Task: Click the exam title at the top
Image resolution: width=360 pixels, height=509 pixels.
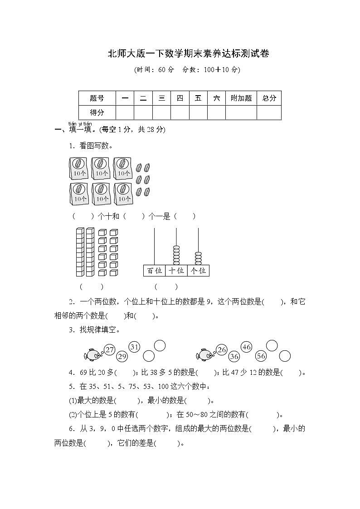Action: (188, 54)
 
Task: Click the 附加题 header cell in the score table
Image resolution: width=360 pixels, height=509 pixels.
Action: (241, 98)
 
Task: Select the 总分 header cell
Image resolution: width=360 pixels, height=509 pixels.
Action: (269, 98)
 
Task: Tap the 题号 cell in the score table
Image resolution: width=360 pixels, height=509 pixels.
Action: (97, 98)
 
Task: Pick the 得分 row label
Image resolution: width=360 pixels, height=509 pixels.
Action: (97, 112)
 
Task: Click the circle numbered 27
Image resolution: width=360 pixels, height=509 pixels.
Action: (109, 349)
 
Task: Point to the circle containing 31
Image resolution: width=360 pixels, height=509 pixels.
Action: (134, 347)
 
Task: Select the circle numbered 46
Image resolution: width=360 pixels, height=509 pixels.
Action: (246, 347)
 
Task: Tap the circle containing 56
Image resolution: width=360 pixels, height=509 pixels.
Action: (261, 356)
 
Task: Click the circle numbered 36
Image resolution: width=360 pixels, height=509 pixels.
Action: (234, 356)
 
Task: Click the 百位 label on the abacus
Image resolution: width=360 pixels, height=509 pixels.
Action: (154, 271)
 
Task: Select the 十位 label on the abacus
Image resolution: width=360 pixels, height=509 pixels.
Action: (176, 271)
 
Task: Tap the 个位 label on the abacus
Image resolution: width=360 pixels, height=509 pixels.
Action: (198, 271)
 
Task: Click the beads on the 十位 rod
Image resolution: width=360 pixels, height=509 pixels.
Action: (176, 255)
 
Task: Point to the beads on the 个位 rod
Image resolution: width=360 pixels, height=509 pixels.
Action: (198, 257)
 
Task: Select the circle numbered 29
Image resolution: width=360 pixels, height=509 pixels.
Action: (122, 356)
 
